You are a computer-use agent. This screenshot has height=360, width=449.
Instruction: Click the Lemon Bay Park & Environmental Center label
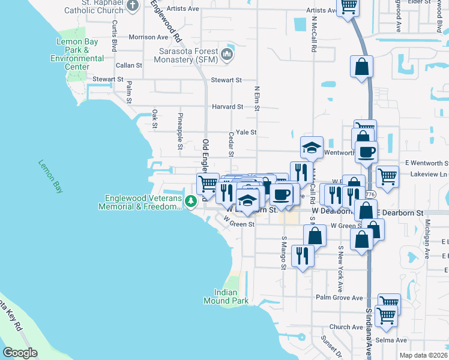coord(77,54)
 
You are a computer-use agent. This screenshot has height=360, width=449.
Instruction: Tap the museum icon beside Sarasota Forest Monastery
coord(228,55)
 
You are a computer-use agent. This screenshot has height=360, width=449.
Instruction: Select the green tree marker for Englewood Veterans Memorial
coord(191,202)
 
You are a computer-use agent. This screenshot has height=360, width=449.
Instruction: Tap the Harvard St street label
coord(228,107)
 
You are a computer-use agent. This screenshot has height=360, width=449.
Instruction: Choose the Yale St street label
coord(246,132)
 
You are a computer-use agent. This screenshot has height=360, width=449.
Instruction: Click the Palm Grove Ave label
coord(340,298)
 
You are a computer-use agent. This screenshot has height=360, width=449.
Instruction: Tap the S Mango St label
coord(284,253)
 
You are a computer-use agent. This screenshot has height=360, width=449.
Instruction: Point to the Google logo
coord(21,353)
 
